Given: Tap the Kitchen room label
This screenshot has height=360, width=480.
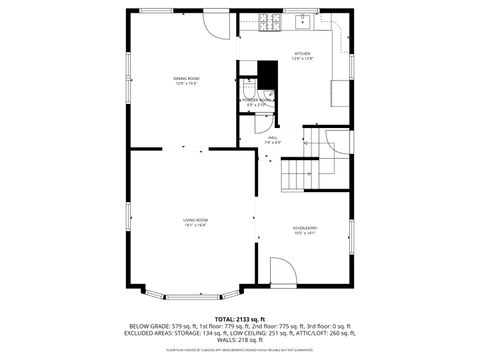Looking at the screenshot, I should pyautogui.click(x=302, y=56).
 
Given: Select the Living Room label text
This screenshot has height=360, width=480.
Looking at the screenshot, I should pyautogui.click(x=194, y=222).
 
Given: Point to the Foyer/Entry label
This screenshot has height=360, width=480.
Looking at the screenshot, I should pyautogui.click(x=304, y=230).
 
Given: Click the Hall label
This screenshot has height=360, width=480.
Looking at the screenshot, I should pyautogui.click(x=273, y=140).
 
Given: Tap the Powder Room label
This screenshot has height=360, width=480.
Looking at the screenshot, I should pyautogui.click(x=257, y=101).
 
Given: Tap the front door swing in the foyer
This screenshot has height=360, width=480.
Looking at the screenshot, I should pyautogui.click(x=284, y=271).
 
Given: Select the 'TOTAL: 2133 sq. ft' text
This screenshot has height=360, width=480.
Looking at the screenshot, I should pyautogui.click(x=239, y=319).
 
